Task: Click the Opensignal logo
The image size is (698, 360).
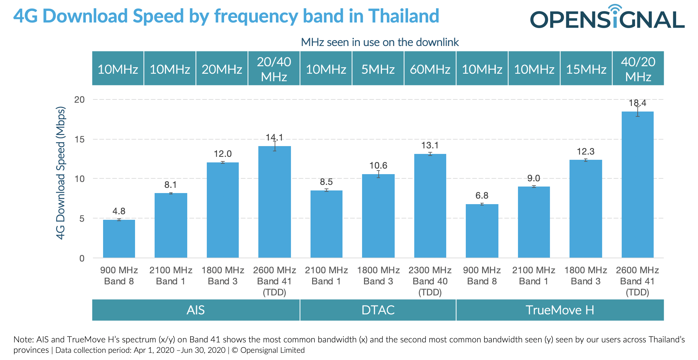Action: click(607, 18)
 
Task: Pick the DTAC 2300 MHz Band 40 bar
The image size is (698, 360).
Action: click(430, 206)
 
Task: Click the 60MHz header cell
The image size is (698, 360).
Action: click(430, 68)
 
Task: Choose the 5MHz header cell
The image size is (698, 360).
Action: click(378, 68)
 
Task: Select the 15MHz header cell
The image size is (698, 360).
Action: click(586, 68)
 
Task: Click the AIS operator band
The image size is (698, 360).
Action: click(196, 310)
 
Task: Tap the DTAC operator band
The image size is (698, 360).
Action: click(378, 310)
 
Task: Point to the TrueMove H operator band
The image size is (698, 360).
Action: click(560, 310)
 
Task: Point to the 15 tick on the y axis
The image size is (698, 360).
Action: click(79, 140)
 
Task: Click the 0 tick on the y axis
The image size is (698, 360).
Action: click(82, 258)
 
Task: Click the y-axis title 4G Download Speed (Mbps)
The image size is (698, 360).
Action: click(61, 173)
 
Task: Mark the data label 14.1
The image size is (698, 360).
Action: click(274, 137)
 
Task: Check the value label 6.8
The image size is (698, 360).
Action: click(482, 195)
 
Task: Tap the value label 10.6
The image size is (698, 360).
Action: click(378, 165)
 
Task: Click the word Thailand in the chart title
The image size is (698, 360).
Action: click(403, 16)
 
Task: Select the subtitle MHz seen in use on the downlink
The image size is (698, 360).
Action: click(380, 42)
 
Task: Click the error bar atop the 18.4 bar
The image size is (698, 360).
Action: click(637, 111)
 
